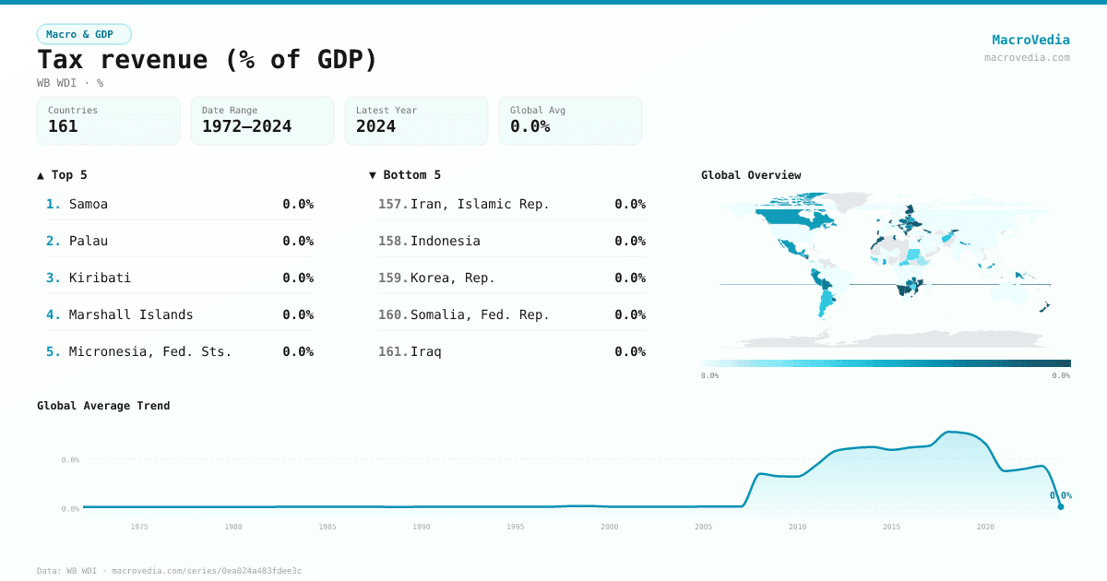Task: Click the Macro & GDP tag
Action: (84, 34)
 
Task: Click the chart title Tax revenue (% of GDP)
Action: (208, 60)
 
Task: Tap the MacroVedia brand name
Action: (1030, 40)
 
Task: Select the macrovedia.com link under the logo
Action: (1027, 57)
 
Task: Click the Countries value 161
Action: (63, 127)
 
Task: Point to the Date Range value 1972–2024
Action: (246, 127)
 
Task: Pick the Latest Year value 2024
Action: (375, 127)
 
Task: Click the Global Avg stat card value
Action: (530, 127)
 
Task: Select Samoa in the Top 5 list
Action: (89, 204)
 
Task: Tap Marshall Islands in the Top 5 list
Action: (131, 314)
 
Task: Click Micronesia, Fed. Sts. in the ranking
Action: (150, 351)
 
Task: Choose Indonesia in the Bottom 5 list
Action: (445, 241)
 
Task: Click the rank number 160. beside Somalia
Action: (392, 314)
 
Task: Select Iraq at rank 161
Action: (425, 351)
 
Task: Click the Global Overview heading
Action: (751, 175)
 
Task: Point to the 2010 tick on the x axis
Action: (797, 527)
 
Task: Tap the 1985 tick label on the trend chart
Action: (327, 527)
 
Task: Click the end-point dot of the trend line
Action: (1060, 506)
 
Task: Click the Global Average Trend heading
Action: (103, 406)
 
